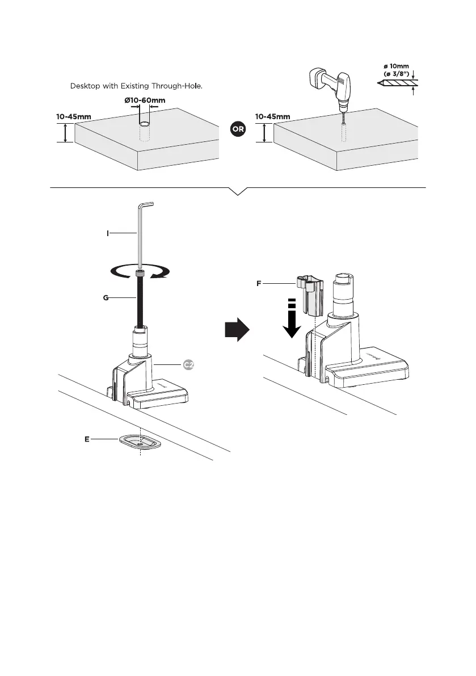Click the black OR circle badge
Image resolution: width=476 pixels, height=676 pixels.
coord(238,129)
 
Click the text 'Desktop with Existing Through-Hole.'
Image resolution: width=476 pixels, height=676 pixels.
coord(136,86)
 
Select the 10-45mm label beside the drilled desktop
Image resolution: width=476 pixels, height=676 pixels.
coord(272,116)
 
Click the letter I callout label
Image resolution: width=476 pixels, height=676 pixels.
coord(108,233)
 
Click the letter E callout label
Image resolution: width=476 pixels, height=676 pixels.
coord(87,439)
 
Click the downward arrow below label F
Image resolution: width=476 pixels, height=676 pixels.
coord(290,321)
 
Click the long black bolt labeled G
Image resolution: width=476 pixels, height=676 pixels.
coord(140,301)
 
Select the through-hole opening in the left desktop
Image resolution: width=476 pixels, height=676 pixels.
coord(145,123)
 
